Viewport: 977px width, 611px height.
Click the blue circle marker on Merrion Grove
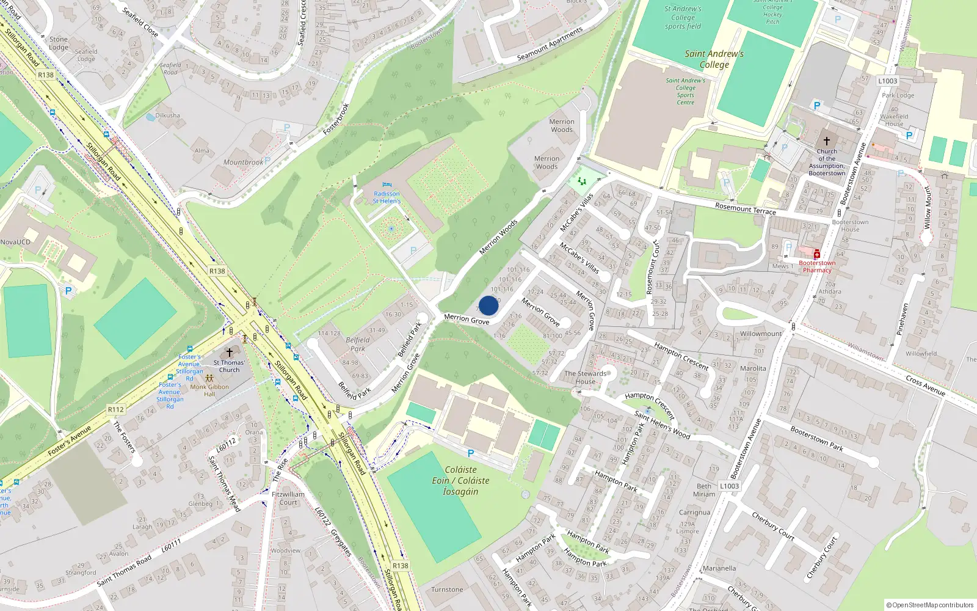(488, 305)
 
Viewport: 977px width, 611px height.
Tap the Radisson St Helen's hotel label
(387, 197)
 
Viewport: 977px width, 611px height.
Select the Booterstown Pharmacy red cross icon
(816, 254)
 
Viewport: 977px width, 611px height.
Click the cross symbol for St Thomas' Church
(230, 353)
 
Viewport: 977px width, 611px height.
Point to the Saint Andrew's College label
(714, 59)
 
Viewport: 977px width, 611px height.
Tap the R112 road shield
(115, 409)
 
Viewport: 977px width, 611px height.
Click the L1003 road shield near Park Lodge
(887, 81)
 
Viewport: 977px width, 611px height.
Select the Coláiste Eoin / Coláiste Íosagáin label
(460, 480)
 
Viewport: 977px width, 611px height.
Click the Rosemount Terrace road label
(745, 209)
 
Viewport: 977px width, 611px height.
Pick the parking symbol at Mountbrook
(267, 161)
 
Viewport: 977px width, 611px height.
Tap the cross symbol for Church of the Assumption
(827, 141)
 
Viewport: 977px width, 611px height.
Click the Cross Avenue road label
(925, 386)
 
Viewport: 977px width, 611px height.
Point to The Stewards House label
(585, 378)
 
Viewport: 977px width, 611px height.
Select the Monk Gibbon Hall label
(209, 390)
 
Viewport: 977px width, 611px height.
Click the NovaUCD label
(15, 242)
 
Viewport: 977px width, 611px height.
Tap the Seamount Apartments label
(550, 44)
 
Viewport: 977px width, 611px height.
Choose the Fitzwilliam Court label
(288, 498)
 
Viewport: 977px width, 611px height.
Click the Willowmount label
(760, 334)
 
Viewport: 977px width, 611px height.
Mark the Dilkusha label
(167, 115)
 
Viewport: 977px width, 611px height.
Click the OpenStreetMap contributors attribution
(929, 605)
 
